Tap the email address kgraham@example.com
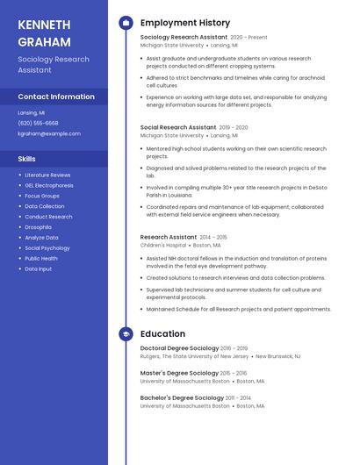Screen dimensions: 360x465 click(49, 133)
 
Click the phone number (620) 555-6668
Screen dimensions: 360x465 click(38, 123)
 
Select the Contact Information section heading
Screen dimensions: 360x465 click(56, 97)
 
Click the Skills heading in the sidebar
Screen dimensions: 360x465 click(27, 159)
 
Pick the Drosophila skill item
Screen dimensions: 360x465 click(38, 227)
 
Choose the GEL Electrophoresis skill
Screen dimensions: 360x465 click(49, 185)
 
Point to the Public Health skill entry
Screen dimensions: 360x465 click(41, 258)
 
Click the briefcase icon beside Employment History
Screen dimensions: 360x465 click(126, 23)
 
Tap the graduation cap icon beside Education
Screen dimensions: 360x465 click(126, 334)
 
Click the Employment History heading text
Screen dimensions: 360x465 click(185, 23)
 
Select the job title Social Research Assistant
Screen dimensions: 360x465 click(177, 127)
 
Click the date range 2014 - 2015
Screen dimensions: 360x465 click(213, 237)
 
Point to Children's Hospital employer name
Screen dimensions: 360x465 click(163, 246)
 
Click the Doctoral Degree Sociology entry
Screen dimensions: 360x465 click(180, 348)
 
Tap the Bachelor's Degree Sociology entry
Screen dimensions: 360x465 click(182, 397)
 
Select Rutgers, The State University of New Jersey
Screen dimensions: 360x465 click(194, 356)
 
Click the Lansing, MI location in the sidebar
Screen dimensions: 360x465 click(31, 112)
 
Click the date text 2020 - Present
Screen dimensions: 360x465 click(248, 38)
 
